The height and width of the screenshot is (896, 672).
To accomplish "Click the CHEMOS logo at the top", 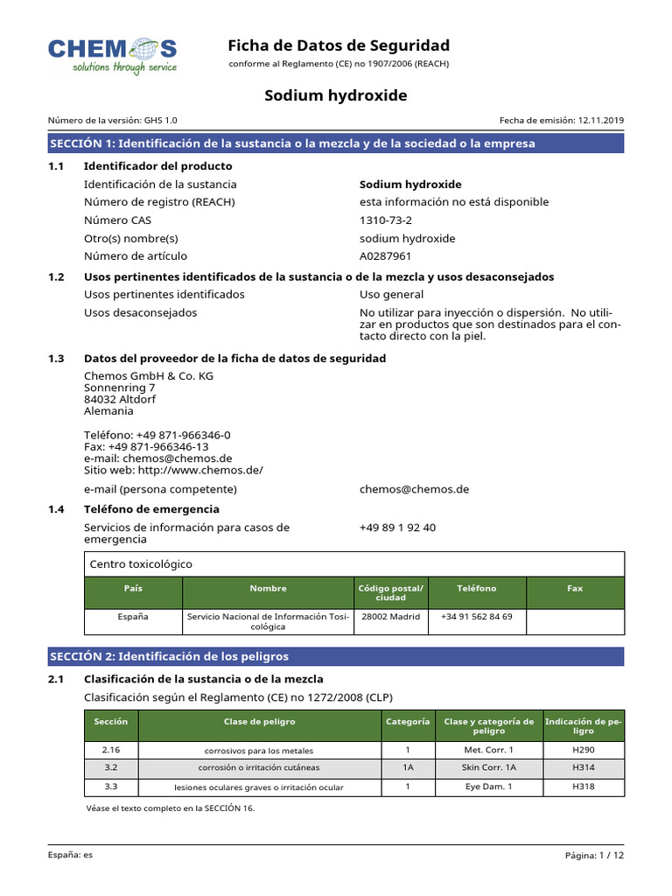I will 112,54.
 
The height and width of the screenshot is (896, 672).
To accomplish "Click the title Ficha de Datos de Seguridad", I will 339,45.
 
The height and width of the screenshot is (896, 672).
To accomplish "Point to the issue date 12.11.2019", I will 600,121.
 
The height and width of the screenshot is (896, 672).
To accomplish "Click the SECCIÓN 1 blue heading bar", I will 336,143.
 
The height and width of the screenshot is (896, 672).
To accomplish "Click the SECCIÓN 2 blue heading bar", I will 336,656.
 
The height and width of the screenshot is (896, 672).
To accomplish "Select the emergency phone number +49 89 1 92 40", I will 397,528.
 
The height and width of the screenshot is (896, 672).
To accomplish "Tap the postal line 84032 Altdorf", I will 121,399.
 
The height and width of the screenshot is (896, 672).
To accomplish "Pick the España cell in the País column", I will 133,617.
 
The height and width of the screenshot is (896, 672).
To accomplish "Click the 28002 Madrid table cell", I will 390,617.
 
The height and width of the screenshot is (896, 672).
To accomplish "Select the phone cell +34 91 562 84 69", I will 477,617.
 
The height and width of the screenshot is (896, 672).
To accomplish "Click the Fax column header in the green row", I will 575,589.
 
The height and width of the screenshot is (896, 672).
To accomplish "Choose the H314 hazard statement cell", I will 584,767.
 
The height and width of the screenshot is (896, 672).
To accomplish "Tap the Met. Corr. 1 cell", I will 488,750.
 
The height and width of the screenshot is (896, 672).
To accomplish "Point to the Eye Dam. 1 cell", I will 488,787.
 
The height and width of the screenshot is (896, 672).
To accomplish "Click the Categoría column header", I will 408,722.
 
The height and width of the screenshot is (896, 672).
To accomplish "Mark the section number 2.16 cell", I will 110,750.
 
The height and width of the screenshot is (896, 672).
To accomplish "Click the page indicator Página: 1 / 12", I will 595,856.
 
